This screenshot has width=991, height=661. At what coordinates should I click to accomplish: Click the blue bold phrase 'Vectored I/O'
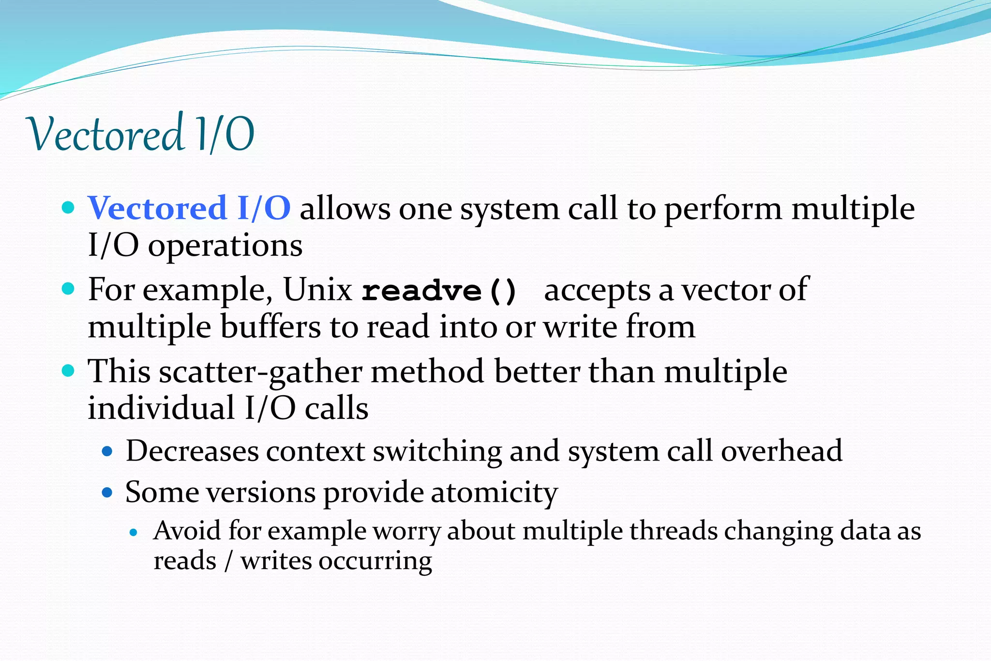[189, 208]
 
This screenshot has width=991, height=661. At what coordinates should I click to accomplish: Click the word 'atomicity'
[494, 492]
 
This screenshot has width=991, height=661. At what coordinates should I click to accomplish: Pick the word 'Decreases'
[192, 451]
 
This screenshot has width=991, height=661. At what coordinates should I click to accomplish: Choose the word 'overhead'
[781, 451]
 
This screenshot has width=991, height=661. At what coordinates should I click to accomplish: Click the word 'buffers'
[270, 327]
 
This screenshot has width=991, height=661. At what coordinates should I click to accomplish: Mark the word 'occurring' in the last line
[375, 562]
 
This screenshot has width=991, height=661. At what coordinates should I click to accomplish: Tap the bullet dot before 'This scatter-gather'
[69, 371]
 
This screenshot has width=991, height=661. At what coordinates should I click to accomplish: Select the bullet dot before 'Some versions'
[107, 493]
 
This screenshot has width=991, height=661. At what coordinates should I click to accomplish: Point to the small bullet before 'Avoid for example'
[135, 533]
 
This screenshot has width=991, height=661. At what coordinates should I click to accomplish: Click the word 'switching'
[437, 451]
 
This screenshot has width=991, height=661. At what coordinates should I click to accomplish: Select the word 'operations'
[225, 246]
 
